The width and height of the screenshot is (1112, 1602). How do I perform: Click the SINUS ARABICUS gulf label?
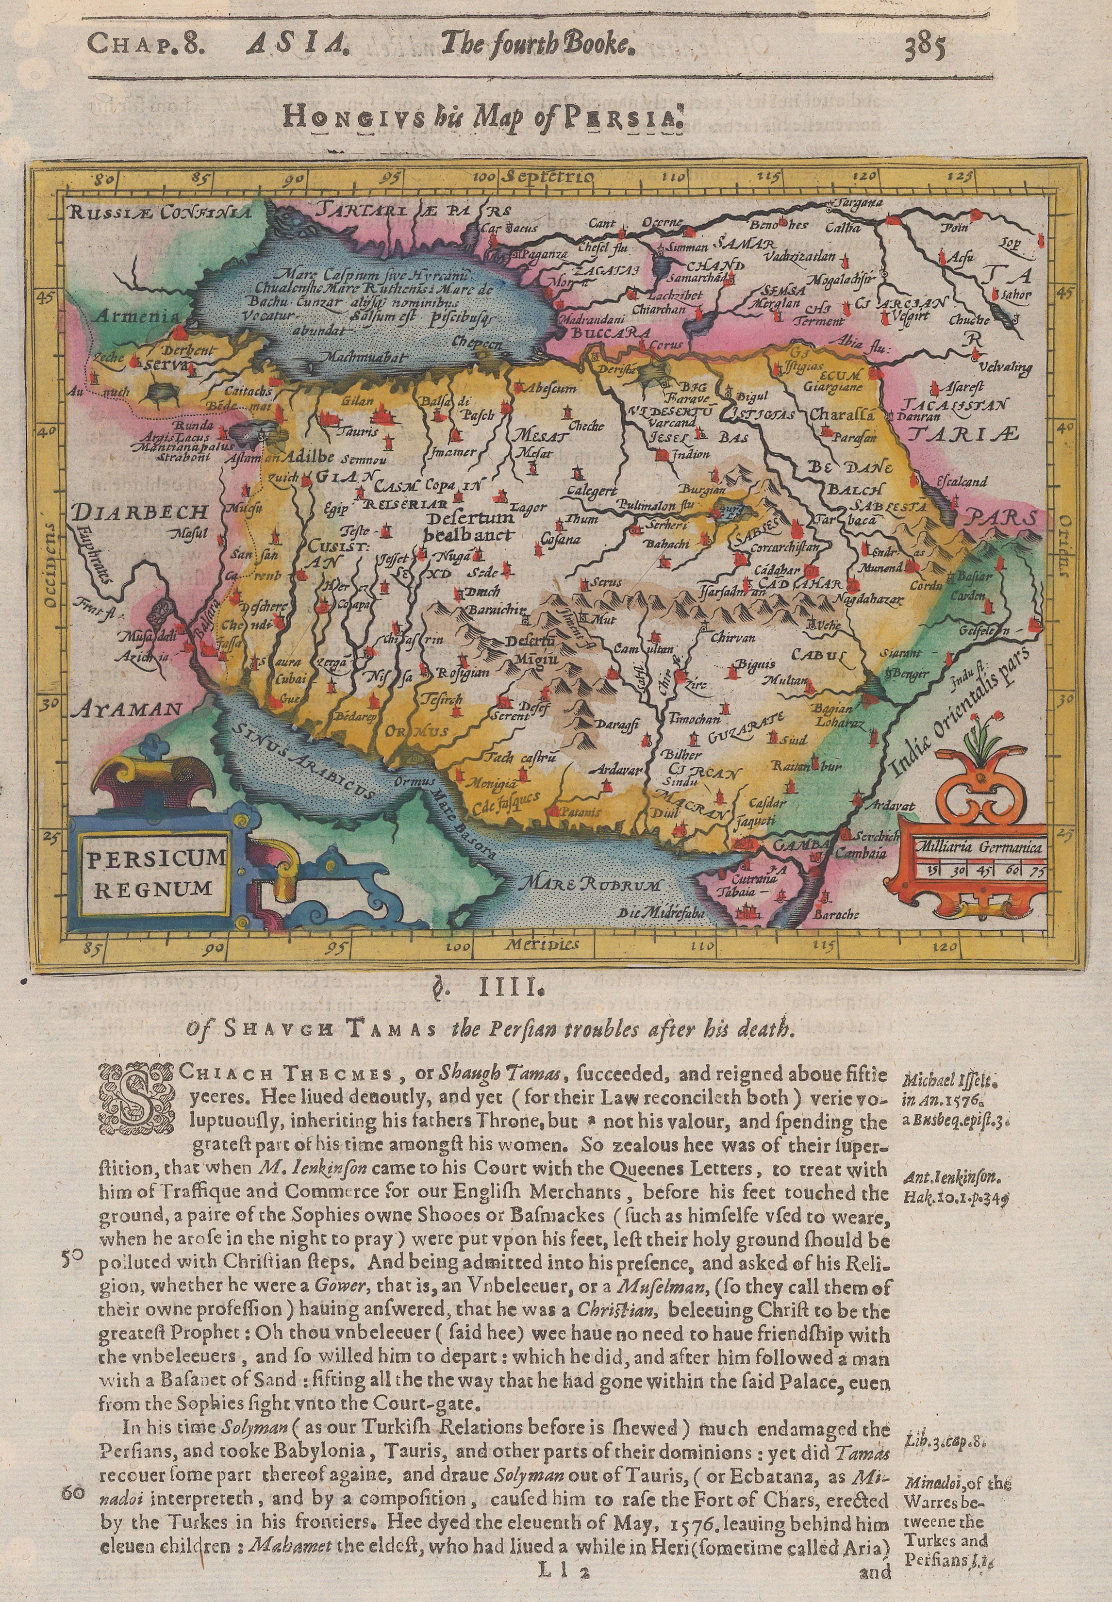click(x=302, y=760)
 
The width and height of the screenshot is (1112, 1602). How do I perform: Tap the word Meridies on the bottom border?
click(x=532, y=945)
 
